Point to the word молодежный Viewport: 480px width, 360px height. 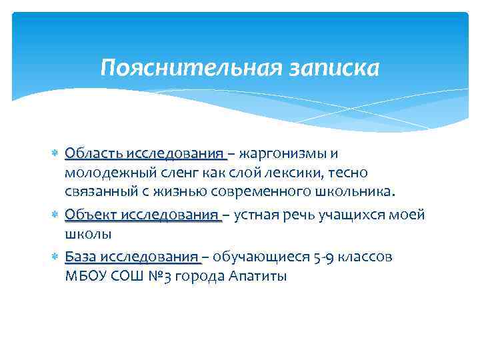[x=105, y=173]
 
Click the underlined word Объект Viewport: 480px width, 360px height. [x=89, y=215]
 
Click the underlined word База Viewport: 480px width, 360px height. [x=81, y=257]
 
